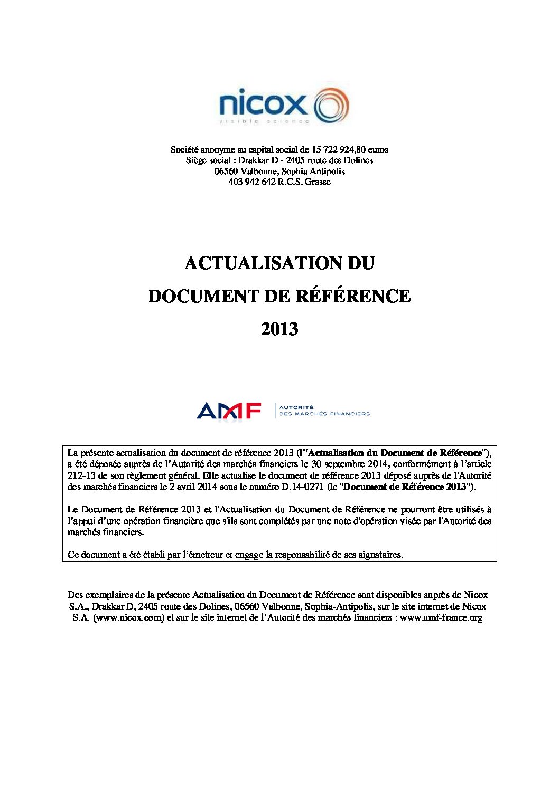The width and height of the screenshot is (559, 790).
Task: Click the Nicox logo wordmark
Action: point(263,103)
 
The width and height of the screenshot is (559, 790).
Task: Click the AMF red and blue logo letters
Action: point(229,411)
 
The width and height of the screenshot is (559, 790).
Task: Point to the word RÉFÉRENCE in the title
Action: point(352,296)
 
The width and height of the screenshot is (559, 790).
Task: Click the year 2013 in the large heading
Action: point(279,329)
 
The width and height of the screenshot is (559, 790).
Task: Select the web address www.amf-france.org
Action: point(441,617)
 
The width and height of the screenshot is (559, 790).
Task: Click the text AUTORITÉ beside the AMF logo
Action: point(296,407)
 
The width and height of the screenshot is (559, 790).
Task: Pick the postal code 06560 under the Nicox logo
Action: point(226,171)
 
